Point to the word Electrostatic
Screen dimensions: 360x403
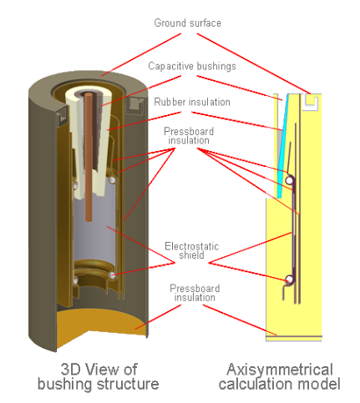192,246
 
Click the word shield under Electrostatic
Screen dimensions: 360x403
191,255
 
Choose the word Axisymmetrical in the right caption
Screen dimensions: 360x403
280,370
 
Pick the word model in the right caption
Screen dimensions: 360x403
319,384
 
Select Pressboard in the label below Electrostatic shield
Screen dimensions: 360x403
195,289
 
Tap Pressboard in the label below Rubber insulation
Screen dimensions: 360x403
189,131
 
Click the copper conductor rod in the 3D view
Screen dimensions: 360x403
89,157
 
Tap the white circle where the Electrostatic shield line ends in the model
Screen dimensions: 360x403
289,279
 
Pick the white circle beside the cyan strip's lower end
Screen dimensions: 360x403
289,180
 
